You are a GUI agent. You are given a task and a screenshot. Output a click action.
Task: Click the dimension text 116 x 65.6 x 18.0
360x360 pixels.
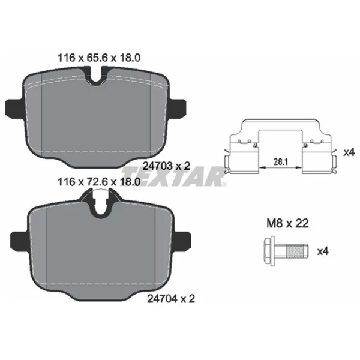(99, 58)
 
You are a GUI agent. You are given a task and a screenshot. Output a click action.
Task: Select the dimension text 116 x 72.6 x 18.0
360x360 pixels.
(99, 182)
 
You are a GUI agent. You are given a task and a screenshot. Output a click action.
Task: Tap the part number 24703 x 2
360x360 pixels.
(166, 166)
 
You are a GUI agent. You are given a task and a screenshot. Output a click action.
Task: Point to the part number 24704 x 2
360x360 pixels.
(171, 299)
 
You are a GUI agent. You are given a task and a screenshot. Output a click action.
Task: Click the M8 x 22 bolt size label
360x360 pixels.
(287, 223)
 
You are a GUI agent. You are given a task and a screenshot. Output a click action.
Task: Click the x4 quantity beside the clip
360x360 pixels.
(349, 152)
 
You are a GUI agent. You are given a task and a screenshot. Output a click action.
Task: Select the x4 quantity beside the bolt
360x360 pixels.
(323, 251)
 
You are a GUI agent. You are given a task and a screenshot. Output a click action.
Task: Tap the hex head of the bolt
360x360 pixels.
(269, 251)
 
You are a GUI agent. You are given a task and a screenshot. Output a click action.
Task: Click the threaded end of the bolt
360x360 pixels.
(296, 251)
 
